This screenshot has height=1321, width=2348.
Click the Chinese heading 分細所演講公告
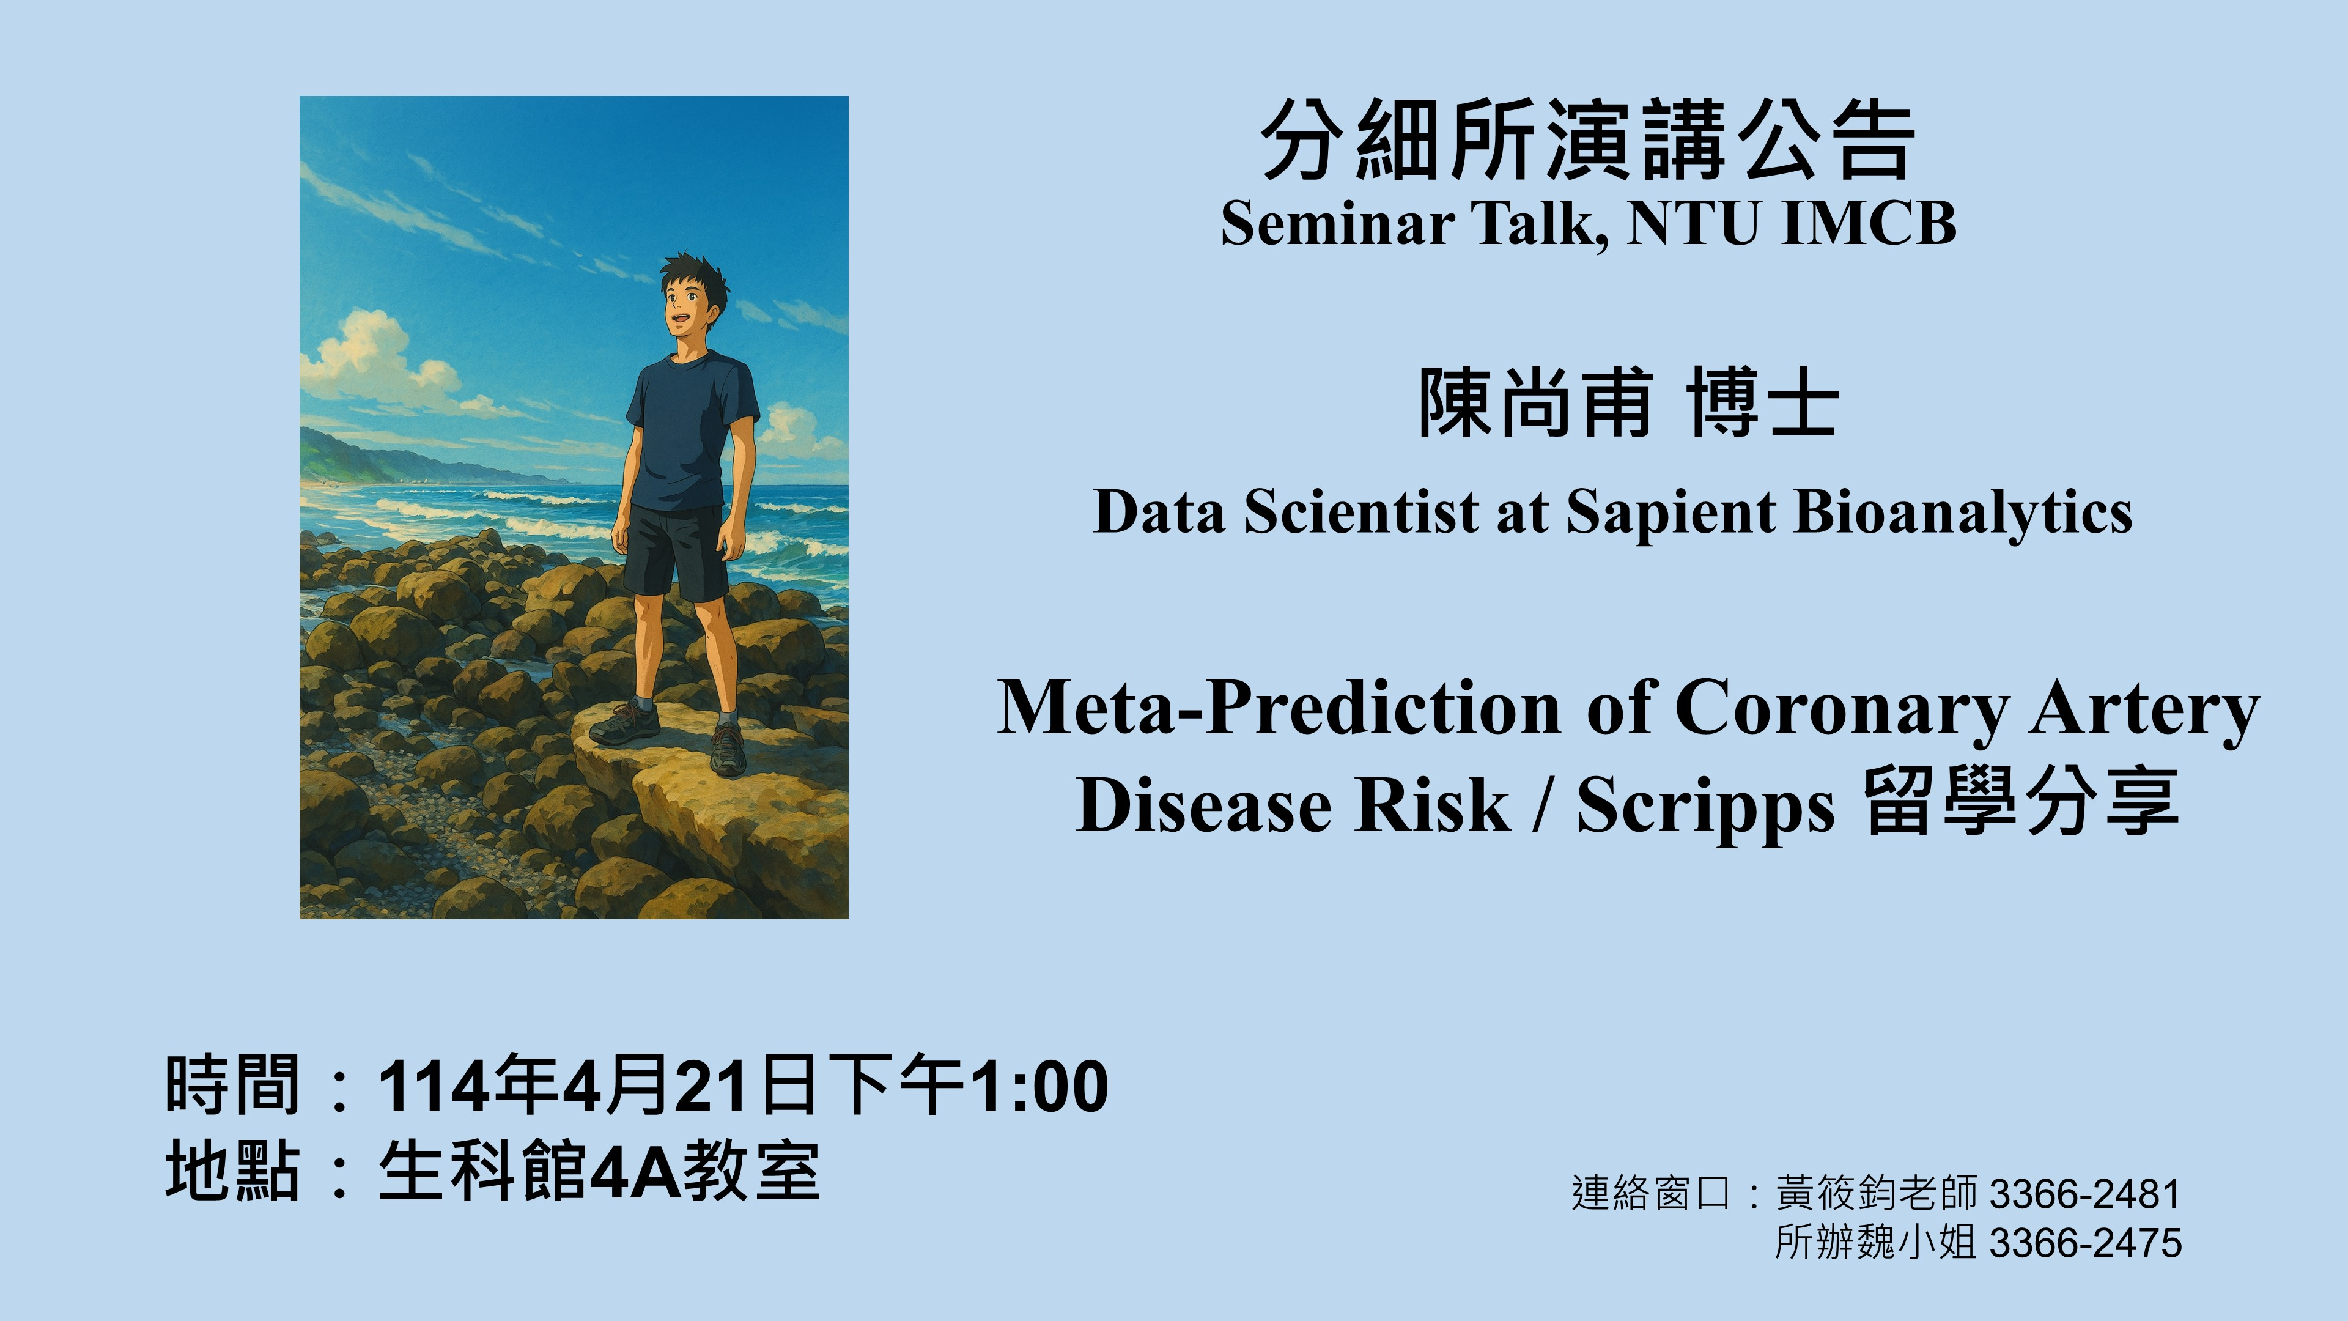[1588, 141]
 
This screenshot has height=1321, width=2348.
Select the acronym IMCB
[1869, 223]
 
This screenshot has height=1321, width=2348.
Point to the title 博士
[1762, 403]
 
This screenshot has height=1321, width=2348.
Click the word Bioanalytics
[1963, 512]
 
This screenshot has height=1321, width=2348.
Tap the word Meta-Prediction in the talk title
[1279, 708]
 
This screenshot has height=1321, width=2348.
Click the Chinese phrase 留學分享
[2021, 802]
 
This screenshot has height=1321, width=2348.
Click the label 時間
[232, 1085]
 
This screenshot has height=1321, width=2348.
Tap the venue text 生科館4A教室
[599, 1172]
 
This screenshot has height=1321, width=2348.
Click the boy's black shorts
[676, 552]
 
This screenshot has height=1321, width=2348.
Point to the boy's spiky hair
[695, 272]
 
